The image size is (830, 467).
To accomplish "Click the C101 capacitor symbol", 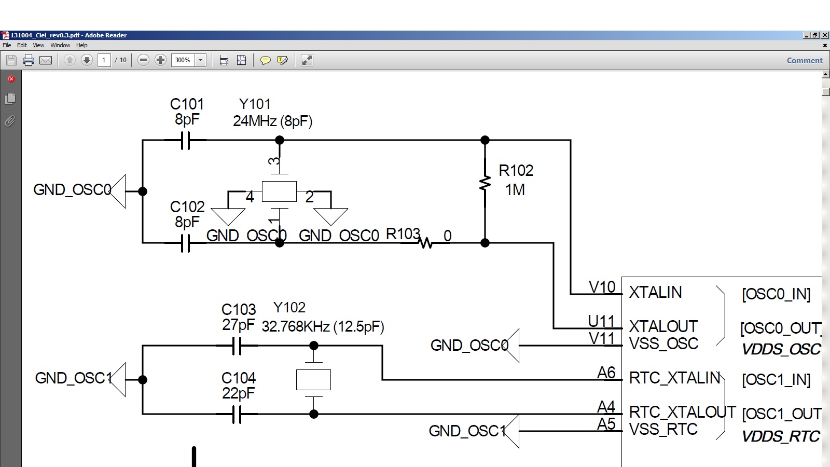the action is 186,140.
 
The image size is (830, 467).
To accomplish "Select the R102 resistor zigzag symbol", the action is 485,184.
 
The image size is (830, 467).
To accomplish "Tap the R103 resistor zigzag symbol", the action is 426,243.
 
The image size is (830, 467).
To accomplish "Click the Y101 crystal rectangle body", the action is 279,191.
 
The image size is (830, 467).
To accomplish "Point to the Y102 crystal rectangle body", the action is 313,379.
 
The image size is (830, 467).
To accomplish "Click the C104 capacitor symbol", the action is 237,414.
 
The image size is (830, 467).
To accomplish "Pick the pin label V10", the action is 602,287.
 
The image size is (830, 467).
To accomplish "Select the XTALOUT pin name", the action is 663,326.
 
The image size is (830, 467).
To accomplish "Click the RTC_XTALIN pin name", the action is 674,378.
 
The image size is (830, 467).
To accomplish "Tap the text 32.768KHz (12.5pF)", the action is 323,326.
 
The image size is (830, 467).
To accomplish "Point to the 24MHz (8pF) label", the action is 273,121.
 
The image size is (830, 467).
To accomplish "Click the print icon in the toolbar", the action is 29,60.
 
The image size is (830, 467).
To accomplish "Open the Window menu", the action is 60,45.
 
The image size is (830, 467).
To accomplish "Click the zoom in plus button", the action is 160,60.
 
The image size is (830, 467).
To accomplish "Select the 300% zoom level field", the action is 183,60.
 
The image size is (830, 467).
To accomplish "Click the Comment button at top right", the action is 805,60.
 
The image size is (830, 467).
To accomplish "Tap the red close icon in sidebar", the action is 11,78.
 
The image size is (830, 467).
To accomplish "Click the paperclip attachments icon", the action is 10,121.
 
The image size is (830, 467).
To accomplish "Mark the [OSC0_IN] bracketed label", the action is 776,294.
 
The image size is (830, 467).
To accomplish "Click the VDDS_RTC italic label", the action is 781,436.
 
